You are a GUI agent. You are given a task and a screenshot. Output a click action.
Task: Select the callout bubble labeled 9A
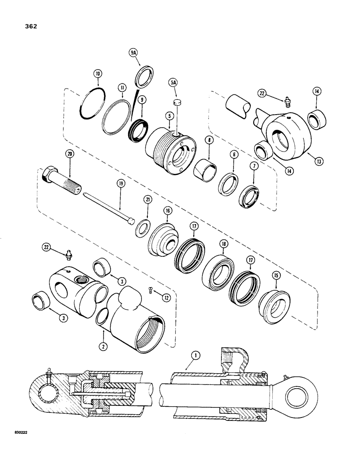(134, 54)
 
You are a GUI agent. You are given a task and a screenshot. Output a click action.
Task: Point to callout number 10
(97, 73)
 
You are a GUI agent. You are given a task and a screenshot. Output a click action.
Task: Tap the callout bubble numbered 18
(223, 243)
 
